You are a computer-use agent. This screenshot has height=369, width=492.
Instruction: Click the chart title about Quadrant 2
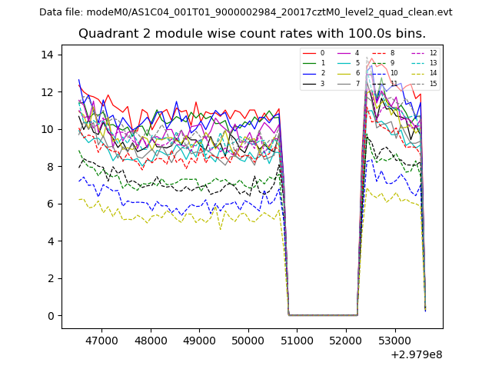pos(251,34)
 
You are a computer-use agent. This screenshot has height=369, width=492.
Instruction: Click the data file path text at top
pos(245,12)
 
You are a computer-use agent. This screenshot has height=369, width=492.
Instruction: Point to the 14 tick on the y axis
pos(47,55)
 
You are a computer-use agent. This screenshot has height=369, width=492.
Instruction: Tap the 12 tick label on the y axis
pos(47,91)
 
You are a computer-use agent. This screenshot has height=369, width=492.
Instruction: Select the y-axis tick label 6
pos(49,204)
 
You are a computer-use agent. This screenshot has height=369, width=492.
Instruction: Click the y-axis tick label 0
pos(49,316)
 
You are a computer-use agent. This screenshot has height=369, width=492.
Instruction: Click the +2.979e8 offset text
pos(417,354)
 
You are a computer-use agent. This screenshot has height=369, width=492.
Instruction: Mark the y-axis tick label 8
pos(49,166)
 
